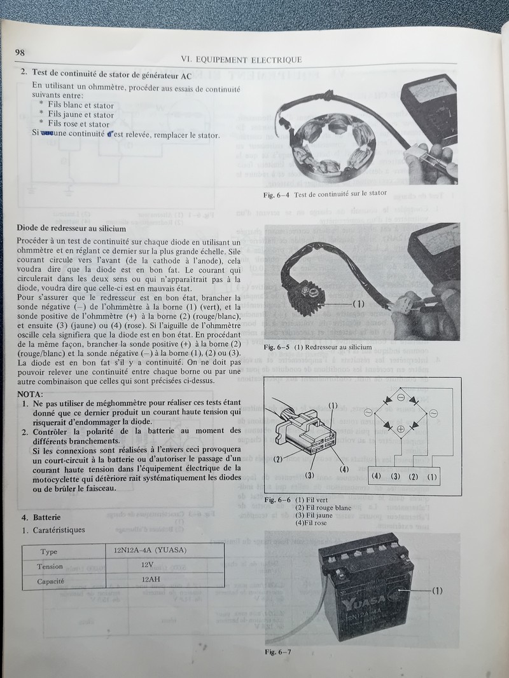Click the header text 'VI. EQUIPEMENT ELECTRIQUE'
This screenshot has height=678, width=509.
tap(241, 60)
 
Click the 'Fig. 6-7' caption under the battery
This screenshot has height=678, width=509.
tap(279, 652)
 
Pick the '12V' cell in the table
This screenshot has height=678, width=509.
tap(149, 564)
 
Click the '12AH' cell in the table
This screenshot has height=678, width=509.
tap(149, 580)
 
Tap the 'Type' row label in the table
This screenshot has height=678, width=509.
tap(48, 552)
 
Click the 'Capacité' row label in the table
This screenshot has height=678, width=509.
tap(53, 581)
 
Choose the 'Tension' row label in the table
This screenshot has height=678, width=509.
tap(50, 566)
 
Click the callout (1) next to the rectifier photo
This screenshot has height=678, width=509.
tap(358, 304)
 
